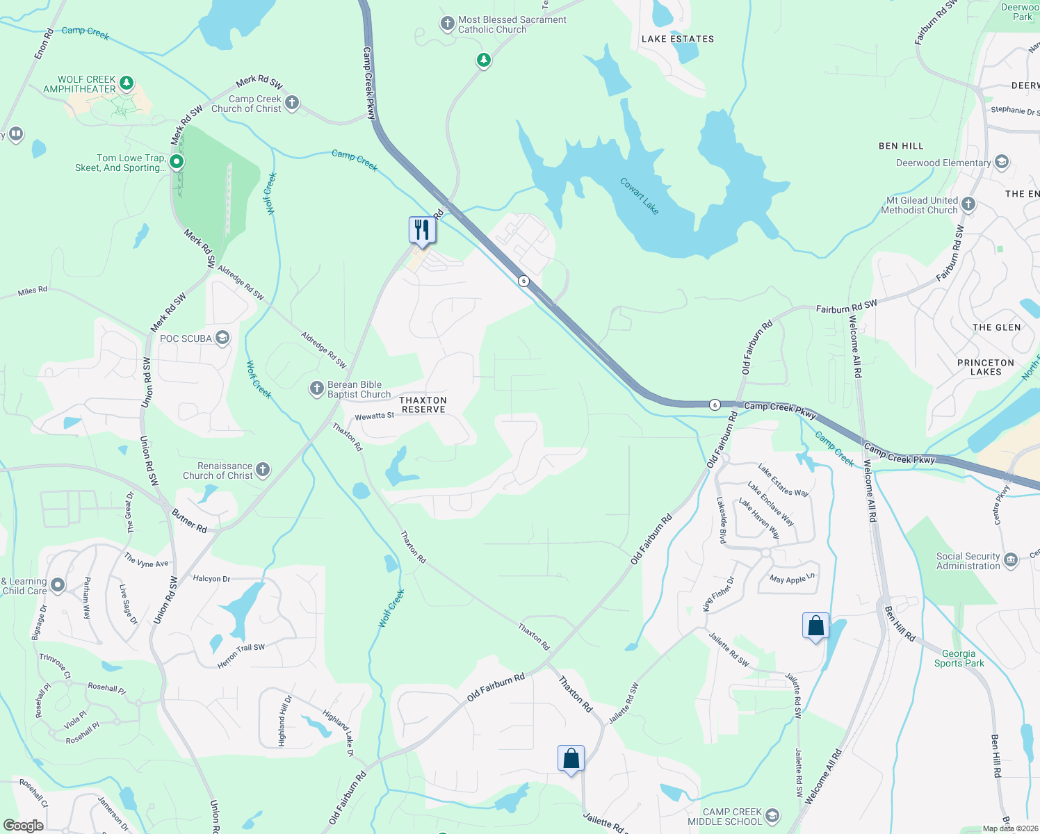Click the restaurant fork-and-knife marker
(422, 229)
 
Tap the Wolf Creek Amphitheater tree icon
(126, 83)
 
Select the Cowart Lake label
(639, 196)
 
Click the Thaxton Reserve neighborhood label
(423, 404)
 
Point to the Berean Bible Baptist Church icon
(316, 389)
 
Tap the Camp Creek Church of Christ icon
(292, 103)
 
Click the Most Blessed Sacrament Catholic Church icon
(447, 24)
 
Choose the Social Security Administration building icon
(1011, 559)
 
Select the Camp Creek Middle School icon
(772, 815)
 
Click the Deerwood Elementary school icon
(1002, 163)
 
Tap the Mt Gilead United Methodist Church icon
(968, 204)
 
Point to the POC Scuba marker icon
(222, 338)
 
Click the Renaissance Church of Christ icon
(263, 470)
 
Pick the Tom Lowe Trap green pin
(177, 162)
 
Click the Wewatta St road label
(375, 416)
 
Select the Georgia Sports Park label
(959, 658)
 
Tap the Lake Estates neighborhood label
(678, 39)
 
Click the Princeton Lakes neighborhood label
(986, 367)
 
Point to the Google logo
(24, 825)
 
